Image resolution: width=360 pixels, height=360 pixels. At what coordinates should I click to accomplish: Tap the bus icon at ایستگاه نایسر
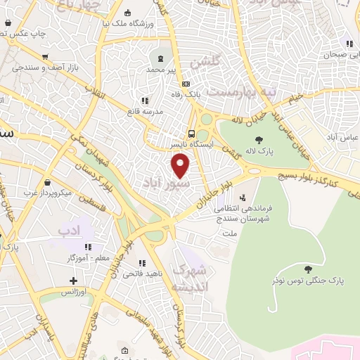[191, 134]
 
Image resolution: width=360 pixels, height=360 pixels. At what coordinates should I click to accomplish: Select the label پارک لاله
[259, 150]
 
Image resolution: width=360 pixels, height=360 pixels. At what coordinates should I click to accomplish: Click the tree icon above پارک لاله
[259, 139]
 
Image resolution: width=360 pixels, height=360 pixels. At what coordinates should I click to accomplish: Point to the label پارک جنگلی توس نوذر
[309, 281]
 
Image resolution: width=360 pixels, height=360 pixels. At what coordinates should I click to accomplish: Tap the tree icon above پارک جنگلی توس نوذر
[309, 269]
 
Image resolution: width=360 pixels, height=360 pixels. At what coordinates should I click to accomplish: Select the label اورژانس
[74, 291]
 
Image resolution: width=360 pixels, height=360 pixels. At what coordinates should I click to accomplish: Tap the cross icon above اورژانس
[74, 281]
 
